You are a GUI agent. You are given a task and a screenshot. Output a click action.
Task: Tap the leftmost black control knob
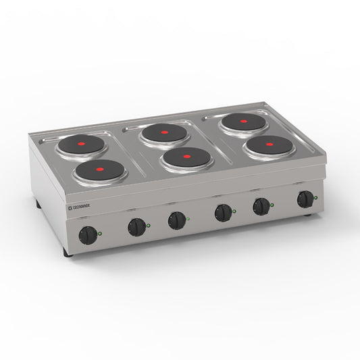pos(87,236)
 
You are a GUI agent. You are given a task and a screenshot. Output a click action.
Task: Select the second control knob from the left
pos(137,227)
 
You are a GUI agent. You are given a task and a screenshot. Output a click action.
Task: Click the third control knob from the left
pos(177,220)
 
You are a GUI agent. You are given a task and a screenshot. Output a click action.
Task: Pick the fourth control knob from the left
pos(222,213)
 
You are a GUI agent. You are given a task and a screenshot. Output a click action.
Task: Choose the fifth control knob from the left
pos(261,207)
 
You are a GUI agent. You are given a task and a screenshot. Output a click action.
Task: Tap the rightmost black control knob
pos(306,199)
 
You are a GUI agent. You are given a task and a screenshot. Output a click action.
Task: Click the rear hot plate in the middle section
pos(164,132)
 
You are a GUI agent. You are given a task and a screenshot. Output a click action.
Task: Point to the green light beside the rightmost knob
pos(317,198)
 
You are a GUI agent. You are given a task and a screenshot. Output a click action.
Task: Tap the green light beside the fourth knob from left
pos(234,211)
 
